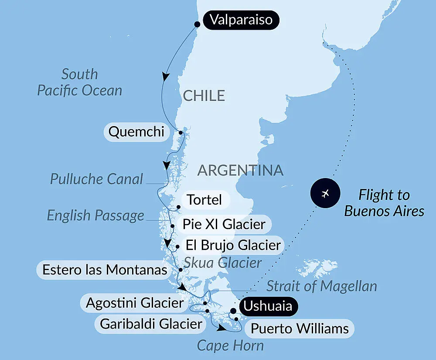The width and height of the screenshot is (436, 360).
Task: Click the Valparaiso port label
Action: click(241, 20)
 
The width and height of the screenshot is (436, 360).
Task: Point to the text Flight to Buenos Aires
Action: click(384, 203)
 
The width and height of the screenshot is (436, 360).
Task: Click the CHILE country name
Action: click(204, 96)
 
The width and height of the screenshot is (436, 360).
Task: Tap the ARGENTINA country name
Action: click(241, 170)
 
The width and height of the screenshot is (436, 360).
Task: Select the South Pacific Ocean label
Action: click(79, 82)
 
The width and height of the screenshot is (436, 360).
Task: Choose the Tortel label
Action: click(204, 200)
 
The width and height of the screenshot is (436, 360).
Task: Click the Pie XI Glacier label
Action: click(224, 225)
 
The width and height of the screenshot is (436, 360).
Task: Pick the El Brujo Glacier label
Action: click(233, 245)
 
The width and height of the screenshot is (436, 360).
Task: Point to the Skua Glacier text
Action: click(222, 263)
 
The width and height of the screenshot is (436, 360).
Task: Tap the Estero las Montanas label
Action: click(105, 270)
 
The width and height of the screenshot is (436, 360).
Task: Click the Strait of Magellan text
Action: click(321, 286)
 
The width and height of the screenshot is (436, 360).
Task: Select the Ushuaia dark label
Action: click(267, 306)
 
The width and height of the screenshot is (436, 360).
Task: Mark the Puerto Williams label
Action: click(300, 328)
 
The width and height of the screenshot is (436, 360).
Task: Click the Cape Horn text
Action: click(230, 346)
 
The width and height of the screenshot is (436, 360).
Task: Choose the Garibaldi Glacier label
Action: click(151, 324)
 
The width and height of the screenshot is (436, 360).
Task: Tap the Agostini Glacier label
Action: click(135, 303)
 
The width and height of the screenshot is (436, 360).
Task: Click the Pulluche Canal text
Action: click(96, 179)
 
